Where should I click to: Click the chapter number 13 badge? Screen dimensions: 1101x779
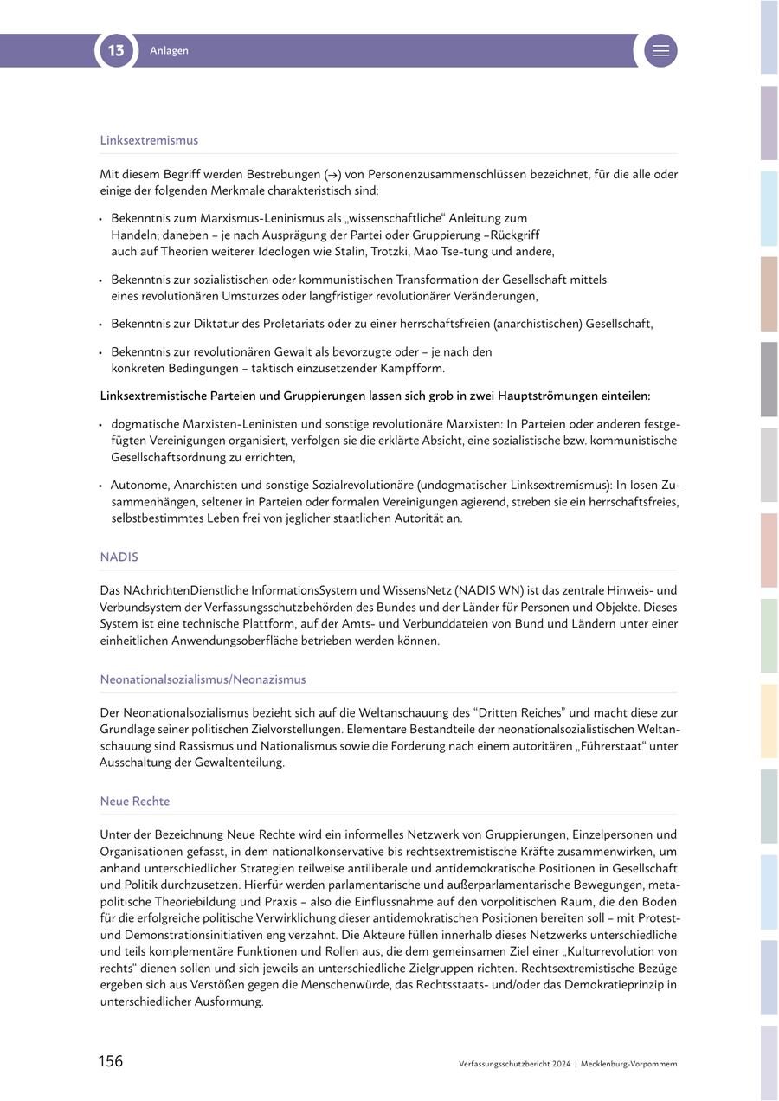116,51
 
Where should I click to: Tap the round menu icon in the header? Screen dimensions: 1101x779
660,51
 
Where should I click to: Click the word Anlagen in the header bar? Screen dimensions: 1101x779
169,51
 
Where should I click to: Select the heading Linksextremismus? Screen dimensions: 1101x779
149,140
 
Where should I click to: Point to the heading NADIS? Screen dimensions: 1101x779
119,557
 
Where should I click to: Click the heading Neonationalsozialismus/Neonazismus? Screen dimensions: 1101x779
203,679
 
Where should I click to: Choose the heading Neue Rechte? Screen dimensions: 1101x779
134,802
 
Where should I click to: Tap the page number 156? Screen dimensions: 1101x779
110,1061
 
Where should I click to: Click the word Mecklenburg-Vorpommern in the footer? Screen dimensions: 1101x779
629,1064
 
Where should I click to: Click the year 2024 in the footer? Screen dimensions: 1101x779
560,1064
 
